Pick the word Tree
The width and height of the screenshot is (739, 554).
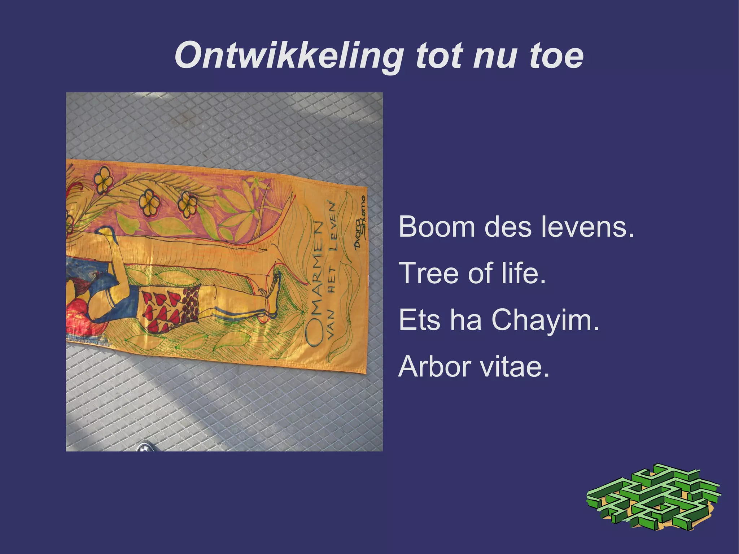tap(429, 273)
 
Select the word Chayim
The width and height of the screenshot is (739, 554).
tap(545, 320)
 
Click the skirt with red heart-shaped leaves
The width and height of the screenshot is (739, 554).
tap(170, 307)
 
